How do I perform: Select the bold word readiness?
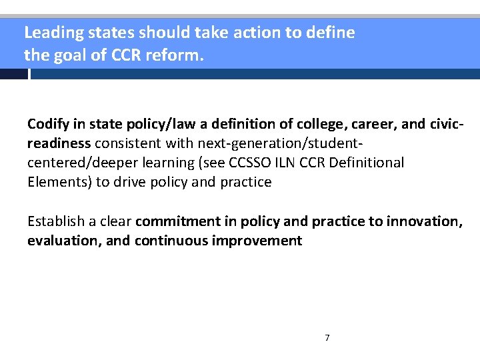tap(59, 143)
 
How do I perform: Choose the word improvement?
tap(257, 240)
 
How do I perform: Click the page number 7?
tap(327, 338)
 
